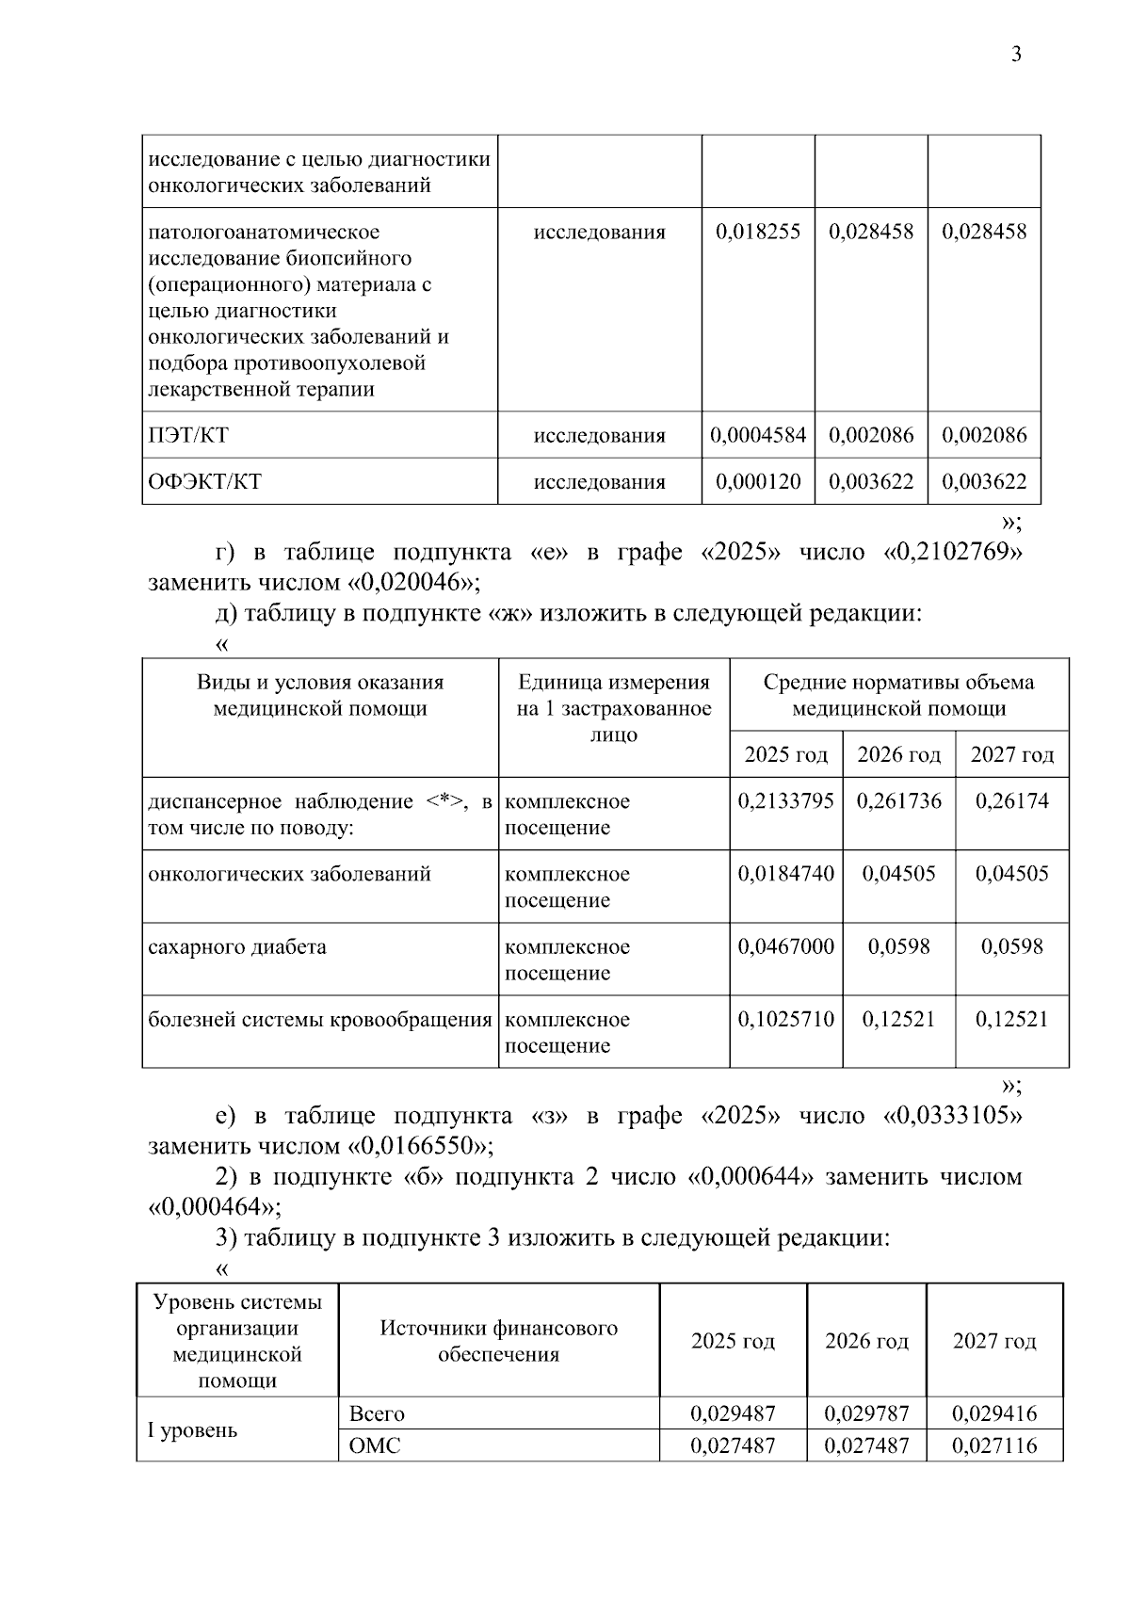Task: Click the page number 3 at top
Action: pyautogui.click(x=1016, y=55)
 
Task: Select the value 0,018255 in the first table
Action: pyautogui.click(x=758, y=232)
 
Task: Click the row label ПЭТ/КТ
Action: pyautogui.click(x=188, y=435)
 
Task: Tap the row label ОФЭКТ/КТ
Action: pyautogui.click(x=204, y=482)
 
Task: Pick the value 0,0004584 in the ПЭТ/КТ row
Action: pyautogui.click(x=758, y=435)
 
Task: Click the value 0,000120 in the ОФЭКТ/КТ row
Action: pyautogui.click(x=758, y=482)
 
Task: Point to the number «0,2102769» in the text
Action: pyautogui.click(x=953, y=552)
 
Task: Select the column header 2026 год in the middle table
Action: pyautogui.click(x=898, y=754)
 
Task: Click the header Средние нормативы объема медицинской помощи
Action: pyautogui.click(x=898, y=695)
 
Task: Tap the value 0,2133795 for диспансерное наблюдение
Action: pyautogui.click(x=785, y=801)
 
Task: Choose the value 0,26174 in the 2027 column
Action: pyautogui.click(x=1012, y=801)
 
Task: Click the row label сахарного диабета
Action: pyautogui.click(x=237, y=946)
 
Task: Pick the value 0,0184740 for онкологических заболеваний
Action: pyautogui.click(x=785, y=874)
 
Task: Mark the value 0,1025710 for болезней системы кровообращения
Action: pyautogui.click(x=785, y=1019)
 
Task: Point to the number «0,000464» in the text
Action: pyautogui.click(x=215, y=1207)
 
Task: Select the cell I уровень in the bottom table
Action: pyautogui.click(x=192, y=1429)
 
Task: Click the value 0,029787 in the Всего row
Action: pyautogui.click(x=866, y=1413)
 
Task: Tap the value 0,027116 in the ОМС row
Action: pyautogui.click(x=994, y=1445)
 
